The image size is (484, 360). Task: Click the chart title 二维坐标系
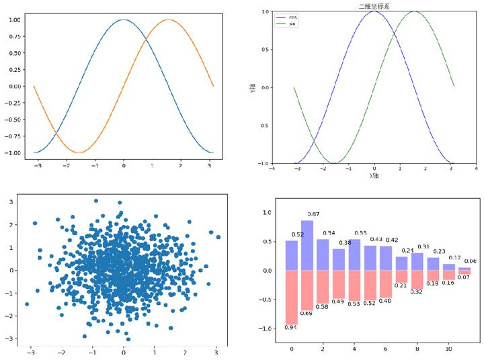click(x=374, y=6)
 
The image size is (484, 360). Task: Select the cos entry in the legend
click(x=292, y=16)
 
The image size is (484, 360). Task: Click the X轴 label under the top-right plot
click(x=374, y=176)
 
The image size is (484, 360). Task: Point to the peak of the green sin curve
click(x=414, y=11)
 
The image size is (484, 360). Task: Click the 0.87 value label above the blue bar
click(x=313, y=214)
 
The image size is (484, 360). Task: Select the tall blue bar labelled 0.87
click(x=307, y=245)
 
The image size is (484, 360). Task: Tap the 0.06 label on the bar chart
click(x=470, y=261)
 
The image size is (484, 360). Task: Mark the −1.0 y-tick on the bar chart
click(x=266, y=328)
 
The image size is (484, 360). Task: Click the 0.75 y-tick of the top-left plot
click(x=13, y=36)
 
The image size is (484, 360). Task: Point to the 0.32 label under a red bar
click(x=417, y=291)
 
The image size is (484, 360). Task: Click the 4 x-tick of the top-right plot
click(x=476, y=169)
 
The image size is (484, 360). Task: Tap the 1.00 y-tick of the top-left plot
click(x=13, y=19)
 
